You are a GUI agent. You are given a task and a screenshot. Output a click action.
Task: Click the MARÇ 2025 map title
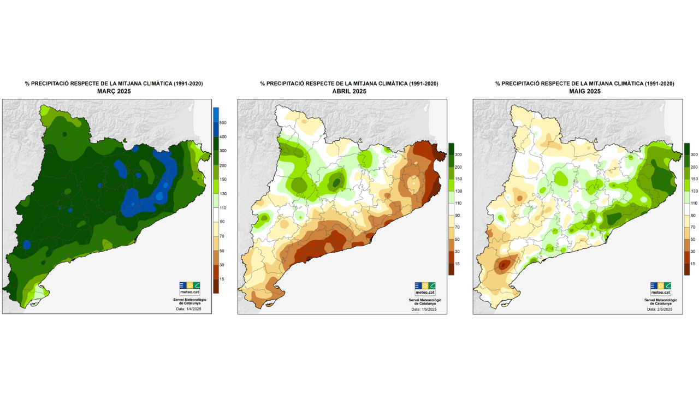pos(114,91)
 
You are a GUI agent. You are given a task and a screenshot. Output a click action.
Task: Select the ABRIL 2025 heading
pos(349,91)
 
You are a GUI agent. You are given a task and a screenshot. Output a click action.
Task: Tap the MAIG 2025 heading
pos(584,91)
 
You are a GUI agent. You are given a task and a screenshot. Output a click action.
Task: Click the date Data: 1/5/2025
pos(424,309)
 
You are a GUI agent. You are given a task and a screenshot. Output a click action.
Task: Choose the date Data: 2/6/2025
pos(660,309)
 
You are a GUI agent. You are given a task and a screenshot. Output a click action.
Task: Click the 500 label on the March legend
pos(223,122)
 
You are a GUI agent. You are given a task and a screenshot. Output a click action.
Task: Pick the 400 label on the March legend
pos(223,136)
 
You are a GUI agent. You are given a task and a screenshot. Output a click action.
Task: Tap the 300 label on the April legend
pos(458,155)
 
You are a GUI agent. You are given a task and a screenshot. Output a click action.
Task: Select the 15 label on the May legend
pos(693,263)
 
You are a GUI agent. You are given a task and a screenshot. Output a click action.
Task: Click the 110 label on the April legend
pos(458,203)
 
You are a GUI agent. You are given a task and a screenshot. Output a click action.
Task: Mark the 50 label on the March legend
pos(223,251)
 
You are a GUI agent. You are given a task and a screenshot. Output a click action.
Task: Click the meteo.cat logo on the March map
pos(189,288)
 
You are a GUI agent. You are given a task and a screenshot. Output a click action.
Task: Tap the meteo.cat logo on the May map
pos(660,288)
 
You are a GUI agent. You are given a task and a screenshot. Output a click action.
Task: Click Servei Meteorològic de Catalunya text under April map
pos(425,301)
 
